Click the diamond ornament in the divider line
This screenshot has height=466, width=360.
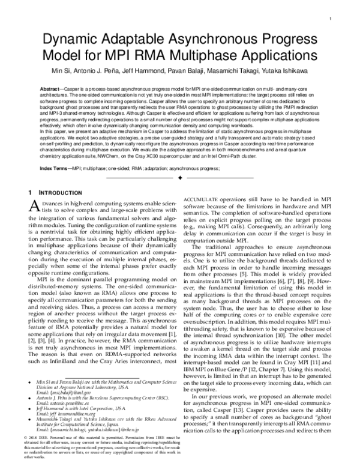pos(179,179)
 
